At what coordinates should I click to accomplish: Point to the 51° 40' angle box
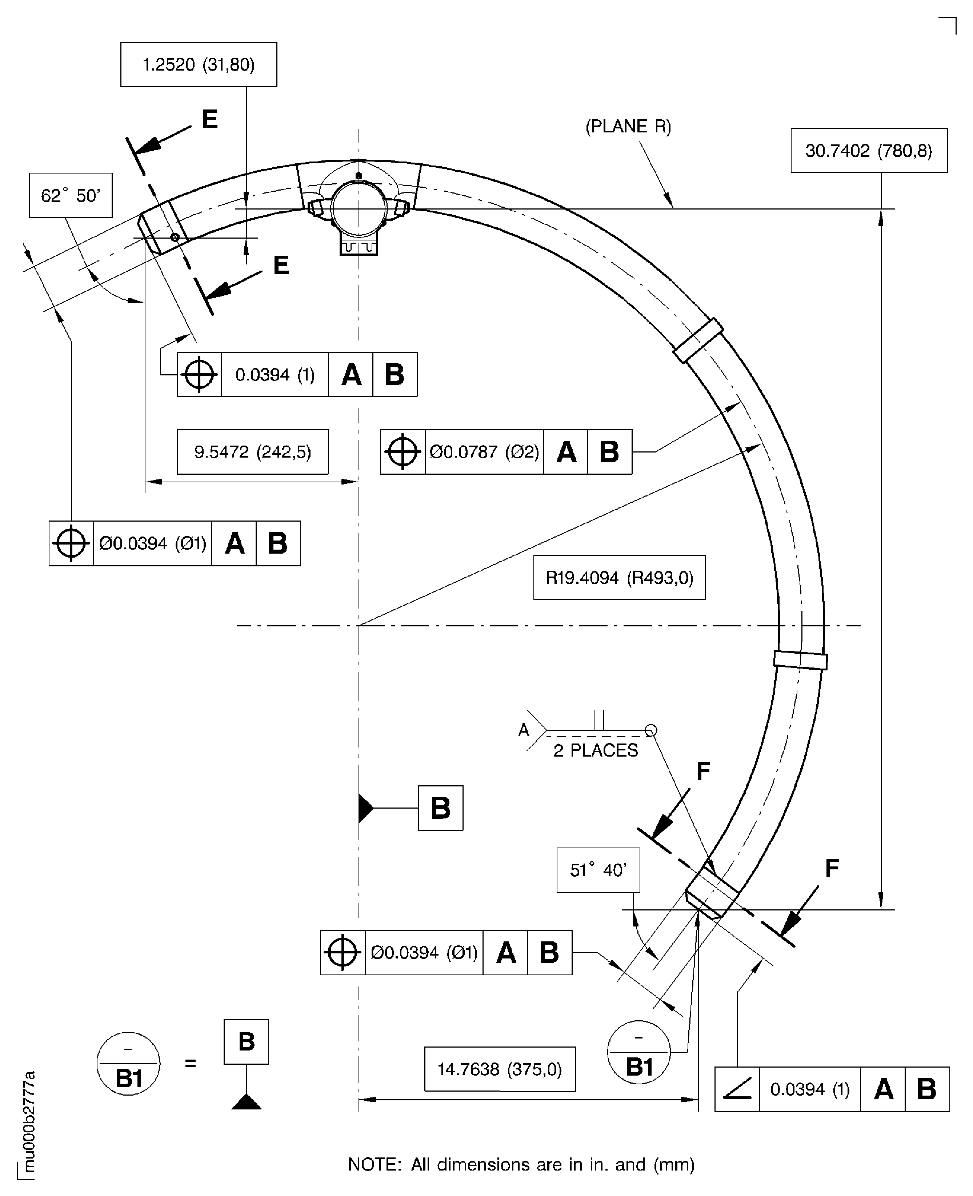598,870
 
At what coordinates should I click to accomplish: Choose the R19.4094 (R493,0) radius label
619,578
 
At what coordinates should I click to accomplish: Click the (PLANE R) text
628,127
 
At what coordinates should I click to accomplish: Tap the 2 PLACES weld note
596,750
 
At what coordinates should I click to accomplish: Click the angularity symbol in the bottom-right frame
737,1089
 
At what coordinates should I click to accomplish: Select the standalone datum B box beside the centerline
441,808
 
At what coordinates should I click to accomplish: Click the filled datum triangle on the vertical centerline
365,808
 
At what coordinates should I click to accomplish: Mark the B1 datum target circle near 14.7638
639,1052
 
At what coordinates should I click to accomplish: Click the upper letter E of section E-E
210,119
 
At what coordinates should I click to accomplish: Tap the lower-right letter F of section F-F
832,869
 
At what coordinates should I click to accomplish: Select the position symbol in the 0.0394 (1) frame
200,375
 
